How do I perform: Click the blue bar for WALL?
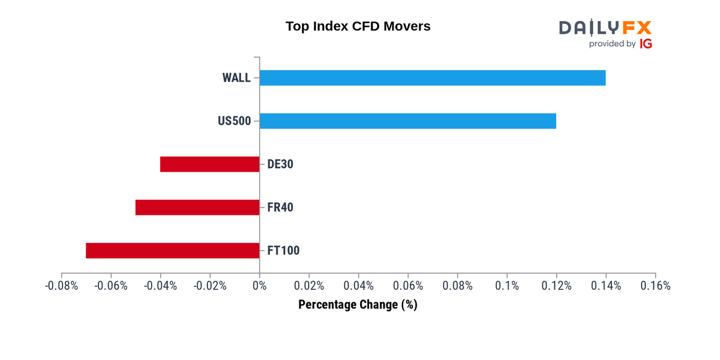click(x=433, y=78)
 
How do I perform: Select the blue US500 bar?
click(x=408, y=121)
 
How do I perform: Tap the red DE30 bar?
click(x=210, y=164)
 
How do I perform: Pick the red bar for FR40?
click(x=197, y=208)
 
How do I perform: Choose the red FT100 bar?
click(x=173, y=250)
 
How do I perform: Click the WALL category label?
click(x=236, y=78)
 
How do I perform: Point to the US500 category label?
click(x=235, y=121)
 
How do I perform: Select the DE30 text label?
click(x=280, y=164)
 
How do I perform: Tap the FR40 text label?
click(x=280, y=208)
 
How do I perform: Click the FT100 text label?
click(x=283, y=250)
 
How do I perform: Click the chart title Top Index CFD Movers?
click(x=358, y=26)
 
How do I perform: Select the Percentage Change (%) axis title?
click(x=358, y=305)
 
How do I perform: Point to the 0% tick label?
click(x=260, y=286)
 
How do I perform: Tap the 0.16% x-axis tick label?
click(x=655, y=286)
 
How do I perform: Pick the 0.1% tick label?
click(x=507, y=286)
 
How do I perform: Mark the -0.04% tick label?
click(x=160, y=286)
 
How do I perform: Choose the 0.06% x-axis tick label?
click(x=408, y=286)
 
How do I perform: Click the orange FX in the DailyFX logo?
click(x=637, y=28)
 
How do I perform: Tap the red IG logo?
click(x=646, y=44)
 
